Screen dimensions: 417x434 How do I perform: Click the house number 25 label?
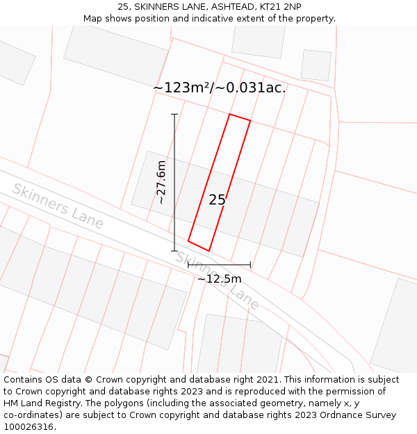pyautogui.click(x=218, y=200)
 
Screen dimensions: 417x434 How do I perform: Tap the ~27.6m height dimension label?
pyautogui.click(x=161, y=182)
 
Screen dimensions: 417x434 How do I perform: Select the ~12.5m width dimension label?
pyautogui.click(x=219, y=278)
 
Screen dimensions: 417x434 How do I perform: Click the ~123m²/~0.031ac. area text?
pyautogui.click(x=219, y=88)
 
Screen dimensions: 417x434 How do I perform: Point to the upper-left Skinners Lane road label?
pyautogui.click(x=58, y=206)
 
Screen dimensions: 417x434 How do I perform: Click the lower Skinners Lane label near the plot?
pyautogui.click(x=217, y=280)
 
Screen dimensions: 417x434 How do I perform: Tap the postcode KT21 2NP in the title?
pyautogui.click(x=281, y=7)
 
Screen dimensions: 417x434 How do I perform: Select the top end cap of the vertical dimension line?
pyautogui.click(x=174, y=114)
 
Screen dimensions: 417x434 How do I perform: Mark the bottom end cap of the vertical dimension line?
pyautogui.click(x=174, y=251)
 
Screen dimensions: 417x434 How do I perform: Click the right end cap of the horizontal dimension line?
pyautogui.click(x=250, y=265)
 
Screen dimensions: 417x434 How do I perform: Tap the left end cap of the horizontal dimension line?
pyautogui.click(x=188, y=265)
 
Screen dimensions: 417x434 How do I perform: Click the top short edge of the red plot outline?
pyautogui.click(x=240, y=117)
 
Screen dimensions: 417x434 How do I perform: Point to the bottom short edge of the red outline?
pyautogui.click(x=199, y=246)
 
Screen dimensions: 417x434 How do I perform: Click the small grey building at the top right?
pyautogui.click(x=316, y=65)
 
